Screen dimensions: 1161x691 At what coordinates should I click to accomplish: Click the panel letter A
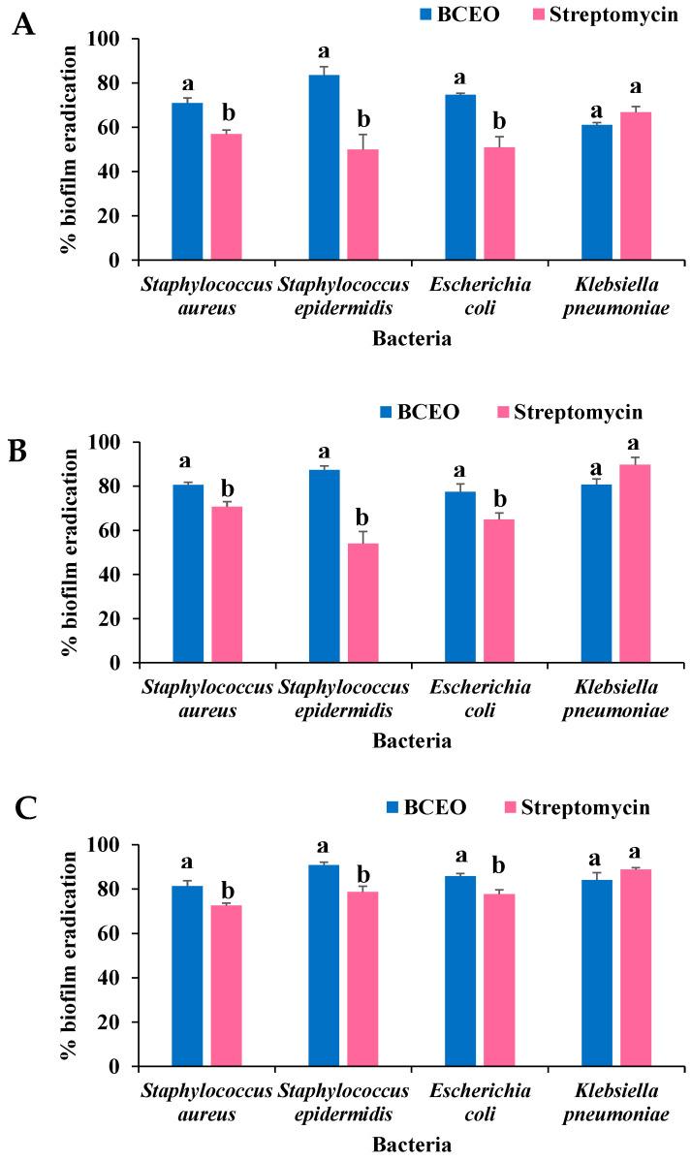(24, 24)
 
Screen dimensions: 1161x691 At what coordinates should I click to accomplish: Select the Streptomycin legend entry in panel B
(580, 413)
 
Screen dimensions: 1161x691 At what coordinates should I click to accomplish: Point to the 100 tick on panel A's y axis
(110, 40)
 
